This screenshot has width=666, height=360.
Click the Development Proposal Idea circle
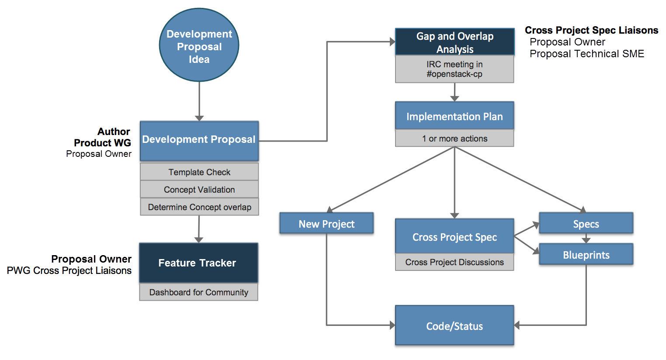[199, 45]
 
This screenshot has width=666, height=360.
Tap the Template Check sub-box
[199, 172]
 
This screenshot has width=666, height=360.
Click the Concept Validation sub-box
[199, 189]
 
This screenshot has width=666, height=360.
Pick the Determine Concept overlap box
[199, 207]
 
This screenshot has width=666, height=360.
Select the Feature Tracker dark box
[198, 263]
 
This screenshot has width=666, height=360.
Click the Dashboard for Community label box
[198, 292]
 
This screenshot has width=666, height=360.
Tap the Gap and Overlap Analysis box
[454, 42]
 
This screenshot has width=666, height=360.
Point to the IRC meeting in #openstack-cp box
[454, 69]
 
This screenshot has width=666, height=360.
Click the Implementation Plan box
[454, 116]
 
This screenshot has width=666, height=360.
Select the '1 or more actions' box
[454, 138]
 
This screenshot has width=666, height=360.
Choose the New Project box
[326, 223]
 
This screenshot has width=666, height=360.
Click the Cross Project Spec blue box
[454, 236]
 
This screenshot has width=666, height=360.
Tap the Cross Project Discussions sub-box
[454, 262]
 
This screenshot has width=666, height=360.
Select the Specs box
[586, 223]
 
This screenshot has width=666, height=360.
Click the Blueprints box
[586, 254]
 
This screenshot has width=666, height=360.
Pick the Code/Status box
[454, 325]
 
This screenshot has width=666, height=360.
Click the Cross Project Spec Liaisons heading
[591, 30]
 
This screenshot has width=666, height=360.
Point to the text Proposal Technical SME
[586, 54]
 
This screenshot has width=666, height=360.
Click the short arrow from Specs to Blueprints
[586, 239]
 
